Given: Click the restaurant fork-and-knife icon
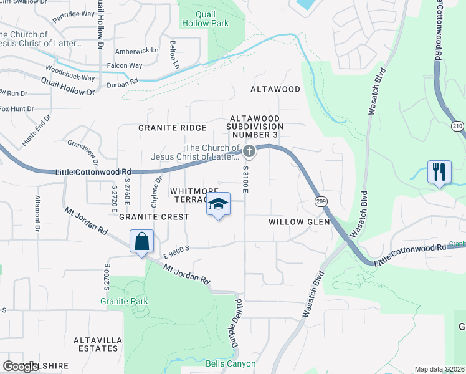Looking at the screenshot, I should [439, 171].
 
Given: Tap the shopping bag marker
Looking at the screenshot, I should [142, 242].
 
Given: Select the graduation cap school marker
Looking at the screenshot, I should [218, 204].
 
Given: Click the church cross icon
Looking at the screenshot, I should [249, 151].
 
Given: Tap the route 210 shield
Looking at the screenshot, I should [458, 126].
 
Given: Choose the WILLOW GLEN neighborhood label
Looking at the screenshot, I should [293, 222].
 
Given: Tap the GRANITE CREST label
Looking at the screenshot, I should [153, 217].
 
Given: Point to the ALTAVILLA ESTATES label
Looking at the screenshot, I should [96, 343].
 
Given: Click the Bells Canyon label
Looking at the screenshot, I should [231, 363].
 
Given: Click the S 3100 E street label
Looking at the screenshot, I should [246, 179].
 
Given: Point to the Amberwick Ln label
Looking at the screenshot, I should [138, 50].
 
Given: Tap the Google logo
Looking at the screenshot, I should [20, 367].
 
